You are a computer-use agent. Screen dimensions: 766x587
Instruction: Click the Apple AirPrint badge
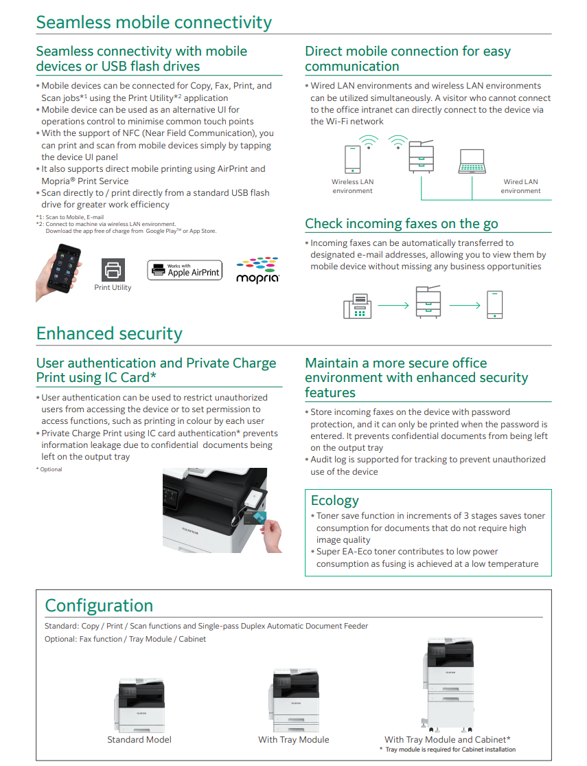tap(185, 270)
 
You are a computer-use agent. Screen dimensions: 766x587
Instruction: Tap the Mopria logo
tap(257, 270)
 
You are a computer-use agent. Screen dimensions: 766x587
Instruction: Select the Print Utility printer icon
tap(113, 270)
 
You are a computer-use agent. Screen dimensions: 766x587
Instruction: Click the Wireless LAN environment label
tap(352, 186)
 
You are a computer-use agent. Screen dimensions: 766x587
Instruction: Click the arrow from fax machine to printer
tap(393, 305)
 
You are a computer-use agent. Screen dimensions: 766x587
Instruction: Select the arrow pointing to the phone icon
tap(465, 305)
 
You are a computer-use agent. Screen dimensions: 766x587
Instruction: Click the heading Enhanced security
tap(109, 334)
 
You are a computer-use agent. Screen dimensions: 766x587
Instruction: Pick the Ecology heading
tap(334, 500)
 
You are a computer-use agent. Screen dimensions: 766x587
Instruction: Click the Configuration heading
tap(99, 605)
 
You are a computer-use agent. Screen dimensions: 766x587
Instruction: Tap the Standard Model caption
tap(139, 740)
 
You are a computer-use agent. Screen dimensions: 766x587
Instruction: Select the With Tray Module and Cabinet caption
tap(447, 740)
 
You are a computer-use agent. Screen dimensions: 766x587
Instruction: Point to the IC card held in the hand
tap(260, 517)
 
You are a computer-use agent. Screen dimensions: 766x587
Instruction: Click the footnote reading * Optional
tap(49, 469)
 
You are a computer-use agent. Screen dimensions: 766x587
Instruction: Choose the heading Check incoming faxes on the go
tap(401, 223)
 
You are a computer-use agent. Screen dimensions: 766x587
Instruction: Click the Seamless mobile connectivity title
tap(154, 22)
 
